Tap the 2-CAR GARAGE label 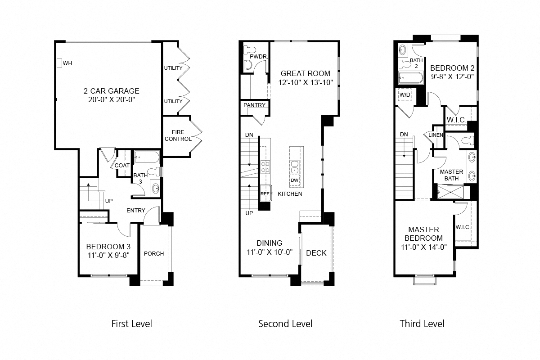pyautogui.click(x=111, y=91)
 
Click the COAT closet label pyautogui.click(x=122, y=165)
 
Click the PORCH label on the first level pyautogui.click(x=154, y=253)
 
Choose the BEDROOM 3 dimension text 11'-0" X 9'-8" pyautogui.click(x=108, y=256)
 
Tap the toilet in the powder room pyautogui.click(x=247, y=65)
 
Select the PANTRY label pyautogui.click(x=254, y=105)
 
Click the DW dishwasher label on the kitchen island pyautogui.click(x=295, y=180)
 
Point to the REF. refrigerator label pyautogui.click(x=265, y=193)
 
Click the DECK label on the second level pyautogui.click(x=316, y=253)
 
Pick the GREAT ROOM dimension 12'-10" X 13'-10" pyautogui.click(x=305, y=82)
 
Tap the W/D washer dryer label pyautogui.click(x=405, y=95)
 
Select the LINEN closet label pyautogui.click(x=436, y=135)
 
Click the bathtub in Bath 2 pyautogui.click(x=410, y=79)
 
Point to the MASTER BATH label pyautogui.click(x=451, y=175)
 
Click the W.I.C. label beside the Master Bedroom pyautogui.click(x=463, y=227)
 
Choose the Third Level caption pyautogui.click(x=422, y=324)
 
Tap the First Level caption pyautogui.click(x=131, y=324)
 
